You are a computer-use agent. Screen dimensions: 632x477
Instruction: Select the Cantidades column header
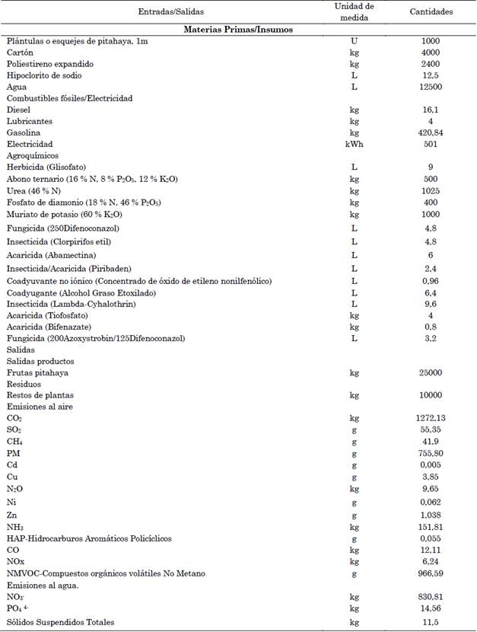click(431, 12)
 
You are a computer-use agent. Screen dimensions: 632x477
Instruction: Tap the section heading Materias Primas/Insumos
click(239, 29)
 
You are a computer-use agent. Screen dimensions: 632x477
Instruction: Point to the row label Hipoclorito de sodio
click(43, 75)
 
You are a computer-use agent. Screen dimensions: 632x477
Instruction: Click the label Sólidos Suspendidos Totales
click(60, 622)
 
